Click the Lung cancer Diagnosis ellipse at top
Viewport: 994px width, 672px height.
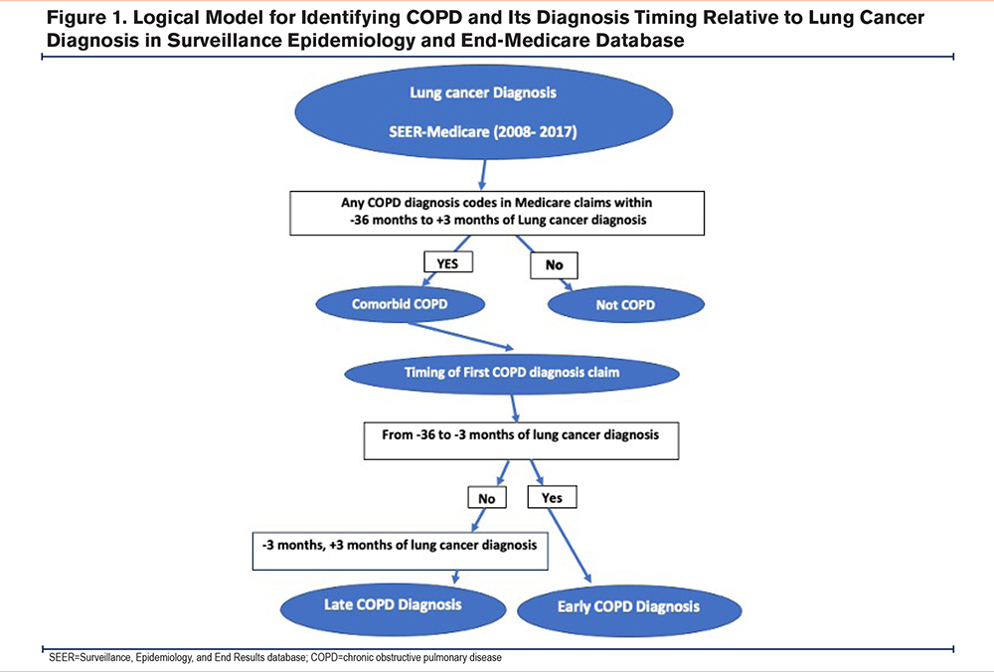tap(483, 111)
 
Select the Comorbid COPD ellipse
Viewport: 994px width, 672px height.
tap(400, 304)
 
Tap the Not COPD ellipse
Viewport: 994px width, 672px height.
tap(625, 305)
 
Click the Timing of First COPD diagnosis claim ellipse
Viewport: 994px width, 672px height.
tap(512, 372)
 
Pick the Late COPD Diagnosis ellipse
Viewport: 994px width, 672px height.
tap(393, 605)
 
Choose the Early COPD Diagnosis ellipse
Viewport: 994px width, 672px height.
tap(629, 608)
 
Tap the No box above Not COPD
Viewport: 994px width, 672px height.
tap(554, 265)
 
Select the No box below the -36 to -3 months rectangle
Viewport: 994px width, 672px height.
tap(487, 498)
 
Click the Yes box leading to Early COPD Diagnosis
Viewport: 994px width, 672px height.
tap(552, 498)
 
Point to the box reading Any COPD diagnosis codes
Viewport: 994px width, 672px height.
tap(497, 213)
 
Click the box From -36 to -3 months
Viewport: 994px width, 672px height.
tap(521, 440)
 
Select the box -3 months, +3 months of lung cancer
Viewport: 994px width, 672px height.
tap(400, 551)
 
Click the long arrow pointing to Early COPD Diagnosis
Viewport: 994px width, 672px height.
tap(570, 546)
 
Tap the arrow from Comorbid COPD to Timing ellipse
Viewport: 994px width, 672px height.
tap(461, 336)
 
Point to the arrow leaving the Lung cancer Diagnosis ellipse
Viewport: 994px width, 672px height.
tap(483, 174)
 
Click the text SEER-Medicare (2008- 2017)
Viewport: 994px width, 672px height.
tap(483, 132)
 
